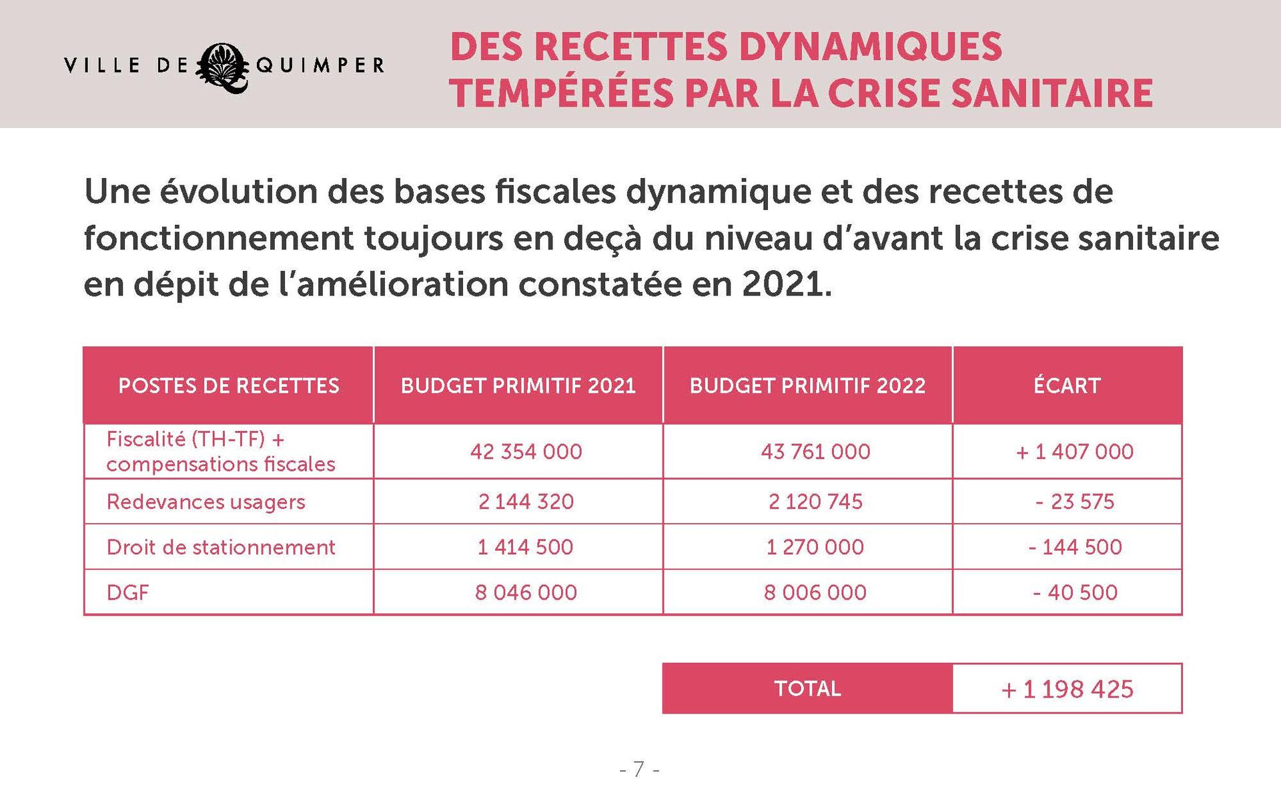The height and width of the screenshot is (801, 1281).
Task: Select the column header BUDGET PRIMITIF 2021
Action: pos(518,385)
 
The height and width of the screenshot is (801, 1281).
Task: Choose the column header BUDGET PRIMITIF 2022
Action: pos(807,385)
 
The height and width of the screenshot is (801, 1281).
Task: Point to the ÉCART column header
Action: pos(1067,385)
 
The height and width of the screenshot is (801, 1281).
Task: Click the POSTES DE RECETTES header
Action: pos(229,385)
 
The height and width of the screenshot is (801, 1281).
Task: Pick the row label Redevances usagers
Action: pos(205,502)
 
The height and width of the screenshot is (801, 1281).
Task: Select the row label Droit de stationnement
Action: pos(221,547)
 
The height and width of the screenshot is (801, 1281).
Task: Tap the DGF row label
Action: pos(127,592)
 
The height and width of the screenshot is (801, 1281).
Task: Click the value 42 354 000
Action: pos(526,452)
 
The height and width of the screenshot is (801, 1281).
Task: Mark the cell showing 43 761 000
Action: pos(815,452)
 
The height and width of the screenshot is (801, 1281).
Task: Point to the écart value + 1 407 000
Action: pos(1074,452)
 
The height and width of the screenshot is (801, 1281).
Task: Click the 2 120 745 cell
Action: pos(815,502)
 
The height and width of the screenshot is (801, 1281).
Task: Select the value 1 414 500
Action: pos(525,547)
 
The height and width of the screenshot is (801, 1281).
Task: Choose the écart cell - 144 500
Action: pos(1075,547)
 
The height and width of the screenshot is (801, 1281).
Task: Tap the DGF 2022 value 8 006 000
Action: pos(815,592)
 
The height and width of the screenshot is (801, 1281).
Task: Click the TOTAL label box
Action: pos(807,688)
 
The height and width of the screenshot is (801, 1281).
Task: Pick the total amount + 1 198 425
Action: pos(1067,689)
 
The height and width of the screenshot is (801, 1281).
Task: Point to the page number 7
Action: pos(639,770)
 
